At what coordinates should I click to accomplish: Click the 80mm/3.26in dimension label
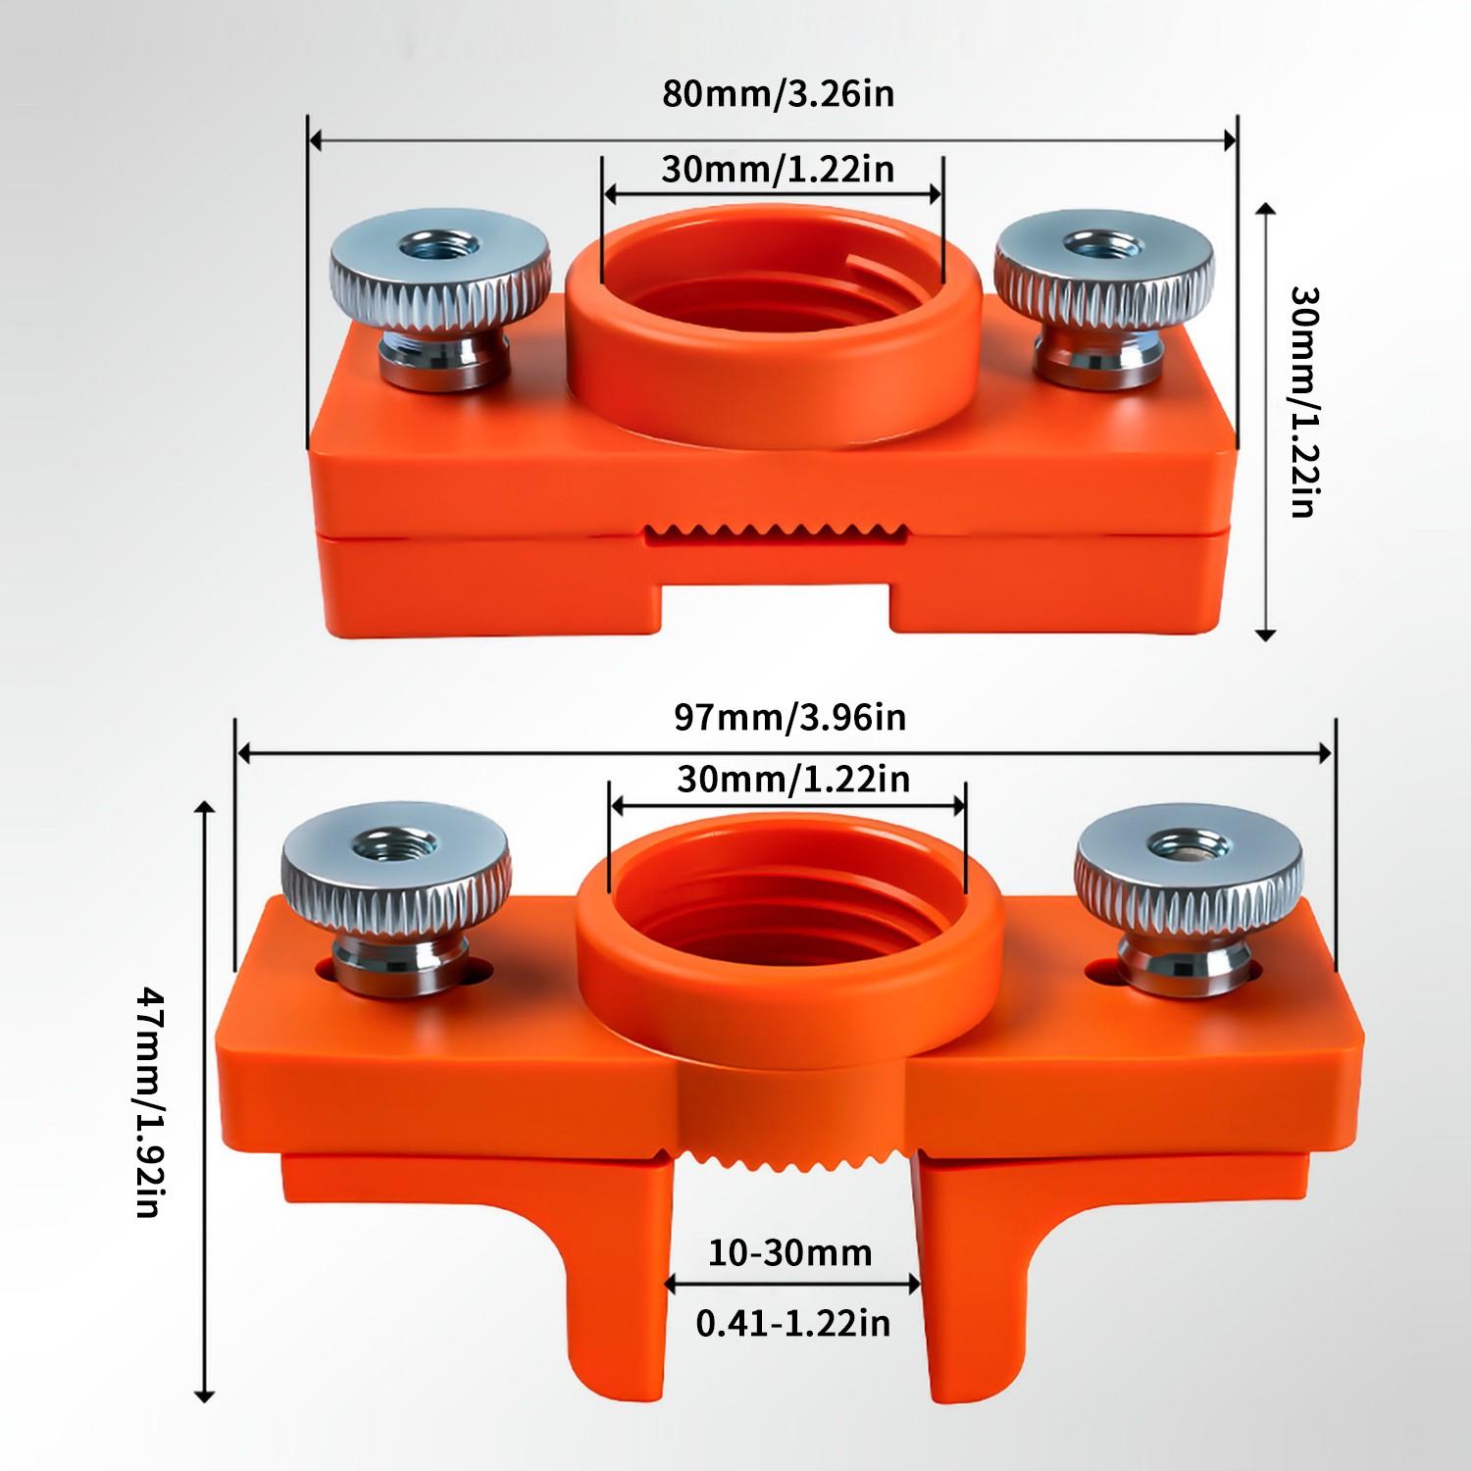(778, 94)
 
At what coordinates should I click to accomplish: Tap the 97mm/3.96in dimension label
(789, 717)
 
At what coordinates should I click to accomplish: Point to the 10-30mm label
(789, 1252)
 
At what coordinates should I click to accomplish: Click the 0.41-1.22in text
(792, 1323)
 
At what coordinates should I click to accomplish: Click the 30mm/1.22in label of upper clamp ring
(778, 169)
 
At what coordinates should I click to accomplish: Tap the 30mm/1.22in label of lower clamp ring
(792, 780)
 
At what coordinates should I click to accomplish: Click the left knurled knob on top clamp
(439, 270)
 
